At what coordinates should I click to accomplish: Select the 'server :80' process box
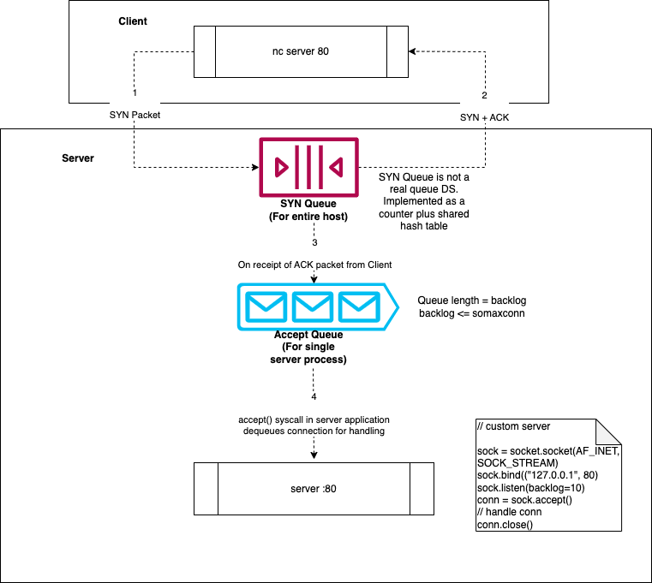tap(314, 489)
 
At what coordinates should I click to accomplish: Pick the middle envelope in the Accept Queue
tap(313, 306)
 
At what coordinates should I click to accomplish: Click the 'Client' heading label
tap(132, 21)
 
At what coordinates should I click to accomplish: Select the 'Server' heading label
tap(78, 159)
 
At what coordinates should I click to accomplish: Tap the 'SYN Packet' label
tap(135, 115)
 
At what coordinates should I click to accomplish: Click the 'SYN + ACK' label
tap(484, 117)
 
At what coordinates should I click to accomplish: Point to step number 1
tap(135, 92)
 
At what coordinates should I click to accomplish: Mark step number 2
tap(484, 95)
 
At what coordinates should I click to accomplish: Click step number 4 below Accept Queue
tap(314, 397)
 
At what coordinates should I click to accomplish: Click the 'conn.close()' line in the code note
tap(505, 525)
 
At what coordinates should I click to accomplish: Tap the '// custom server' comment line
tap(514, 426)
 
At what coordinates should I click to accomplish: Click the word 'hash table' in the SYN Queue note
tap(423, 225)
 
